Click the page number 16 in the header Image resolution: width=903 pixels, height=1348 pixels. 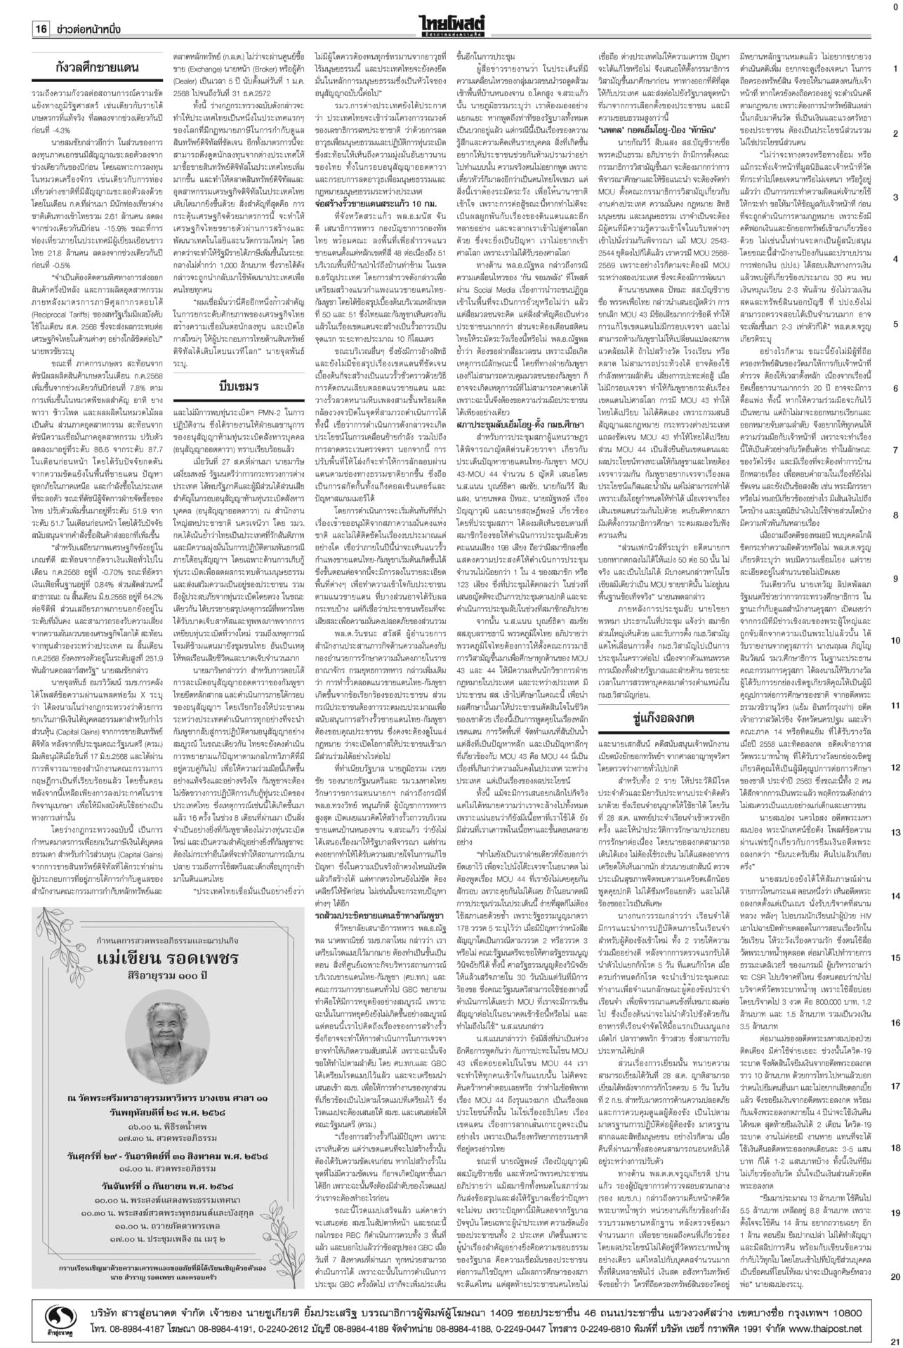40,29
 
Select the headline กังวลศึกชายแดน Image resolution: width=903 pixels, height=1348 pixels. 98,68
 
